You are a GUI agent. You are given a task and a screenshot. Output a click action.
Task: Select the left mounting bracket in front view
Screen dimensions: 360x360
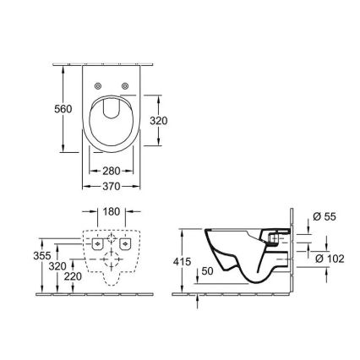[x=97, y=244]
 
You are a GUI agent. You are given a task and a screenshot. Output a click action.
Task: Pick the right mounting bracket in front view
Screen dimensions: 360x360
[x=126, y=244]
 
